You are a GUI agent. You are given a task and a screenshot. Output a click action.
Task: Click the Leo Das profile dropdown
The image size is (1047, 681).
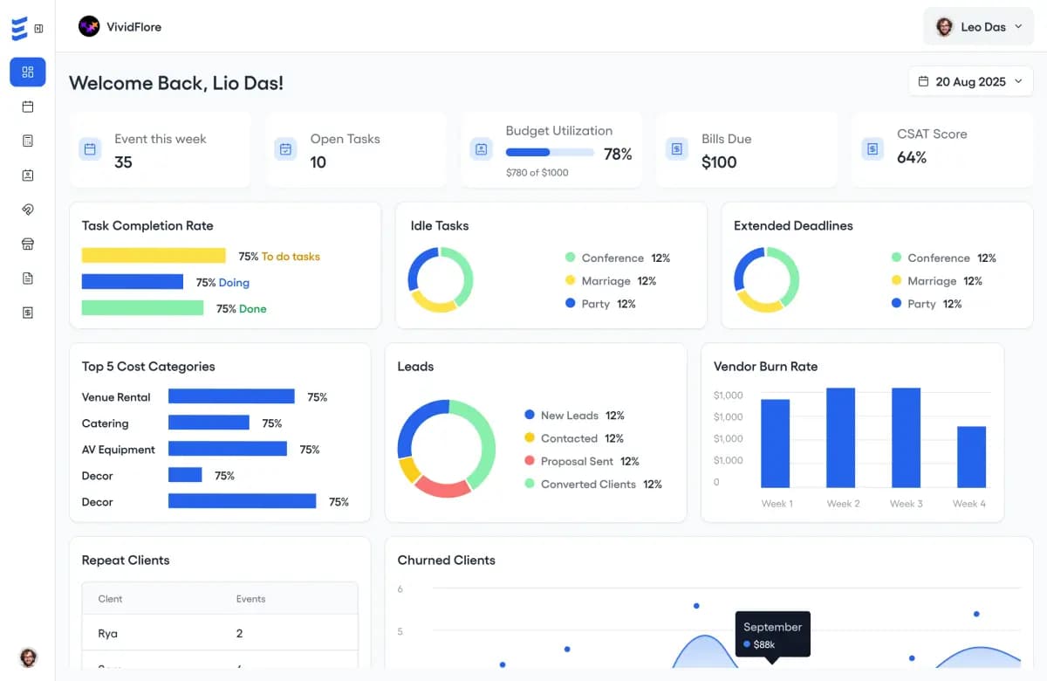point(978,27)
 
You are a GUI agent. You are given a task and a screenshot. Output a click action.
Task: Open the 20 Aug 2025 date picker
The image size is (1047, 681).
point(970,82)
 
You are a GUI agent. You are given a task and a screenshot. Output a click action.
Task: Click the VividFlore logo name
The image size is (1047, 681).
point(133,27)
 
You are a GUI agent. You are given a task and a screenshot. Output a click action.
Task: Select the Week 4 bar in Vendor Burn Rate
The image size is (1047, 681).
point(971,457)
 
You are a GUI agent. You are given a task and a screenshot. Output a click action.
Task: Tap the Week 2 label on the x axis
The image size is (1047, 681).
point(843,504)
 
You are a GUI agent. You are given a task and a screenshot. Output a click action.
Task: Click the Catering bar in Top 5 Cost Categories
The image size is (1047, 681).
point(209,423)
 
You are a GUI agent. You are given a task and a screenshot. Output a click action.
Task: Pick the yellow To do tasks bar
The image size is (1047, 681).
point(154,256)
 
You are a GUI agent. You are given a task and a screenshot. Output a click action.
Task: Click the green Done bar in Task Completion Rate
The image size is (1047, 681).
point(142,308)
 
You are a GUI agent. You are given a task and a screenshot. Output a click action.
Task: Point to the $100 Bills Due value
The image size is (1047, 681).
point(719,162)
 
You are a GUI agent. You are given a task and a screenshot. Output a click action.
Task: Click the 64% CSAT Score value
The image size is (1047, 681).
point(911,158)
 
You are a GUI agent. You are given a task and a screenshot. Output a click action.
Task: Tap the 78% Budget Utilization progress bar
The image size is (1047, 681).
point(550,153)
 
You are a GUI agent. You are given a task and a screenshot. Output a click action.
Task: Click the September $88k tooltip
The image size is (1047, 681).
point(772,635)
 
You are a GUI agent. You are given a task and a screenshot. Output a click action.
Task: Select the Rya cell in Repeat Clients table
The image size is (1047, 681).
point(108,633)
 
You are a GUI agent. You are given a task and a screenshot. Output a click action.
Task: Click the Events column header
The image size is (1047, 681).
point(250,599)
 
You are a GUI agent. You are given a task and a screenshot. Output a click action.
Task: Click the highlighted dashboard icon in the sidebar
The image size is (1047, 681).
point(28,72)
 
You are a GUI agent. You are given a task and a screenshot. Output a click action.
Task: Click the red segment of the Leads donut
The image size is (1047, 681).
point(442,485)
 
